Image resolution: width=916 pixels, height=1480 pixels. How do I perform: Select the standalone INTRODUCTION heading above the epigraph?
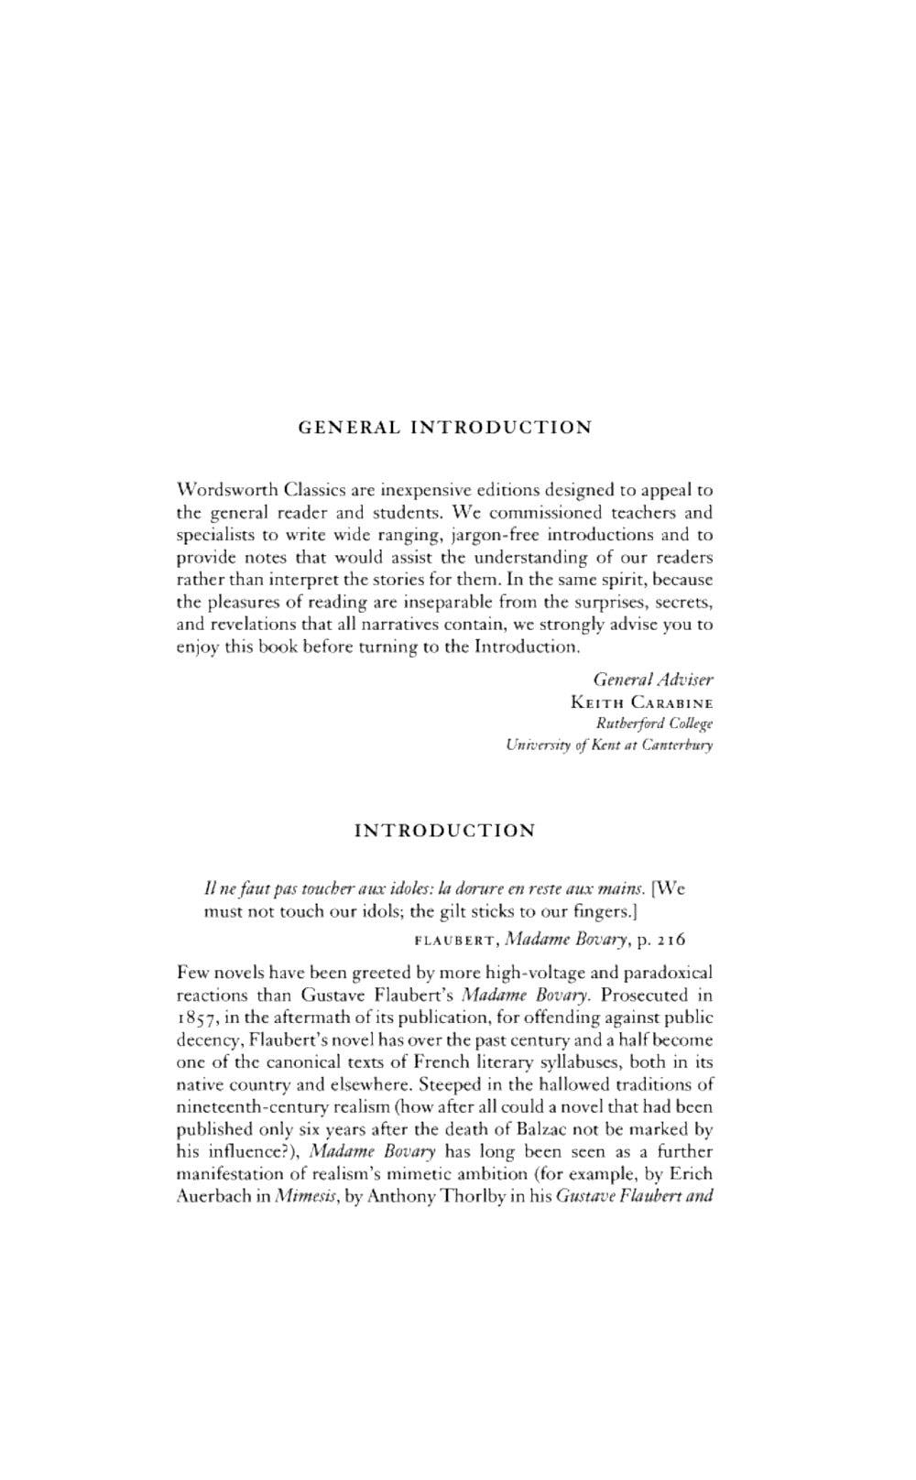pyautogui.click(x=444, y=831)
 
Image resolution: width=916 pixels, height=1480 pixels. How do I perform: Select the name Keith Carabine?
pyautogui.click(x=641, y=702)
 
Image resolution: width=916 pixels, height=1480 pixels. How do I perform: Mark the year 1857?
pyautogui.click(x=194, y=1017)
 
